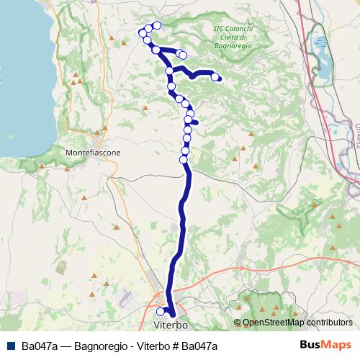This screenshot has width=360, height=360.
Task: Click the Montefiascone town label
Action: point(93,153)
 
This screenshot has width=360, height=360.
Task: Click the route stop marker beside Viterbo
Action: point(161,312)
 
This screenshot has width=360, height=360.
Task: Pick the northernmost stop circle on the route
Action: point(156,26)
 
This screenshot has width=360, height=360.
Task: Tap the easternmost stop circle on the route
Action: point(215,76)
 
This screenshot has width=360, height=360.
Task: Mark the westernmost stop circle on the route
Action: point(143,32)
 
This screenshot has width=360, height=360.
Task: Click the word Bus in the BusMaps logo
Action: point(311,346)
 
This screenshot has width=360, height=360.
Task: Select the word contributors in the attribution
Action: point(330,323)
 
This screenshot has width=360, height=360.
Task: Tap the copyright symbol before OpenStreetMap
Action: point(238,323)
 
